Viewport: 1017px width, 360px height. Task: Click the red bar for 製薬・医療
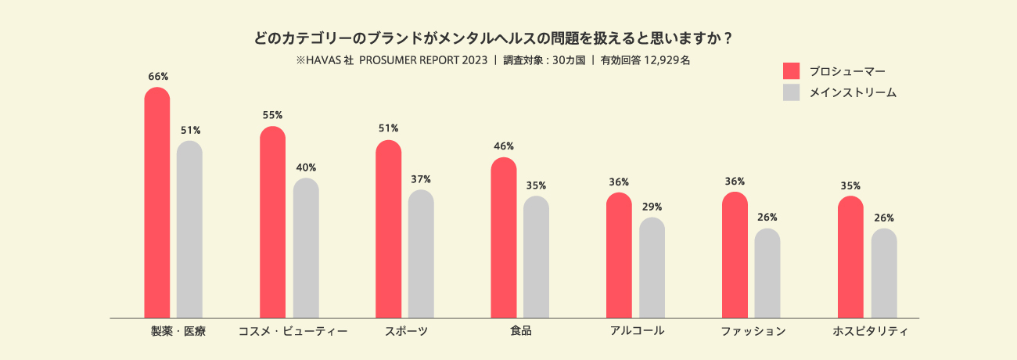click(x=157, y=203)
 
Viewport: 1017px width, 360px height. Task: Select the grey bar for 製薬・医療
click(x=189, y=230)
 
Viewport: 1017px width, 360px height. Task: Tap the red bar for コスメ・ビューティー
click(x=272, y=223)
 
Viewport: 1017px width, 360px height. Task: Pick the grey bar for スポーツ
click(x=421, y=254)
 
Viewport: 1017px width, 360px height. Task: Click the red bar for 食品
click(x=504, y=239)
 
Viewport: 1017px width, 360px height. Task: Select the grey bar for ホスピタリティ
click(x=884, y=274)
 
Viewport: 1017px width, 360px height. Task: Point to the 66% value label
click(x=158, y=77)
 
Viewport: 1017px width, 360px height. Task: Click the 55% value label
click(x=272, y=115)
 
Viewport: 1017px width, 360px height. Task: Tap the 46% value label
click(x=504, y=146)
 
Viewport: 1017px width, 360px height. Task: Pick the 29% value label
click(x=652, y=207)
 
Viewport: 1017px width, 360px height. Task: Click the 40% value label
click(x=306, y=167)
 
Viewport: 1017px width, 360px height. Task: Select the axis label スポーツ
click(x=406, y=331)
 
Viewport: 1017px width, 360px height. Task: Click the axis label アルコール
click(x=637, y=330)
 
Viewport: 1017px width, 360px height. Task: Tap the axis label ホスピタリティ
click(x=870, y=331)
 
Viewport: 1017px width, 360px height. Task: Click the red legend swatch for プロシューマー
click(x=791, y=71)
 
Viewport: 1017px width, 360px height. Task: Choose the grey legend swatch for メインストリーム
click(x=791, y=92)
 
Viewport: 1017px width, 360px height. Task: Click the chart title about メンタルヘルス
click(x=493, y=38)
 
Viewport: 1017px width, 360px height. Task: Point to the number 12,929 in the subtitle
click(x=661, y=59)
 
